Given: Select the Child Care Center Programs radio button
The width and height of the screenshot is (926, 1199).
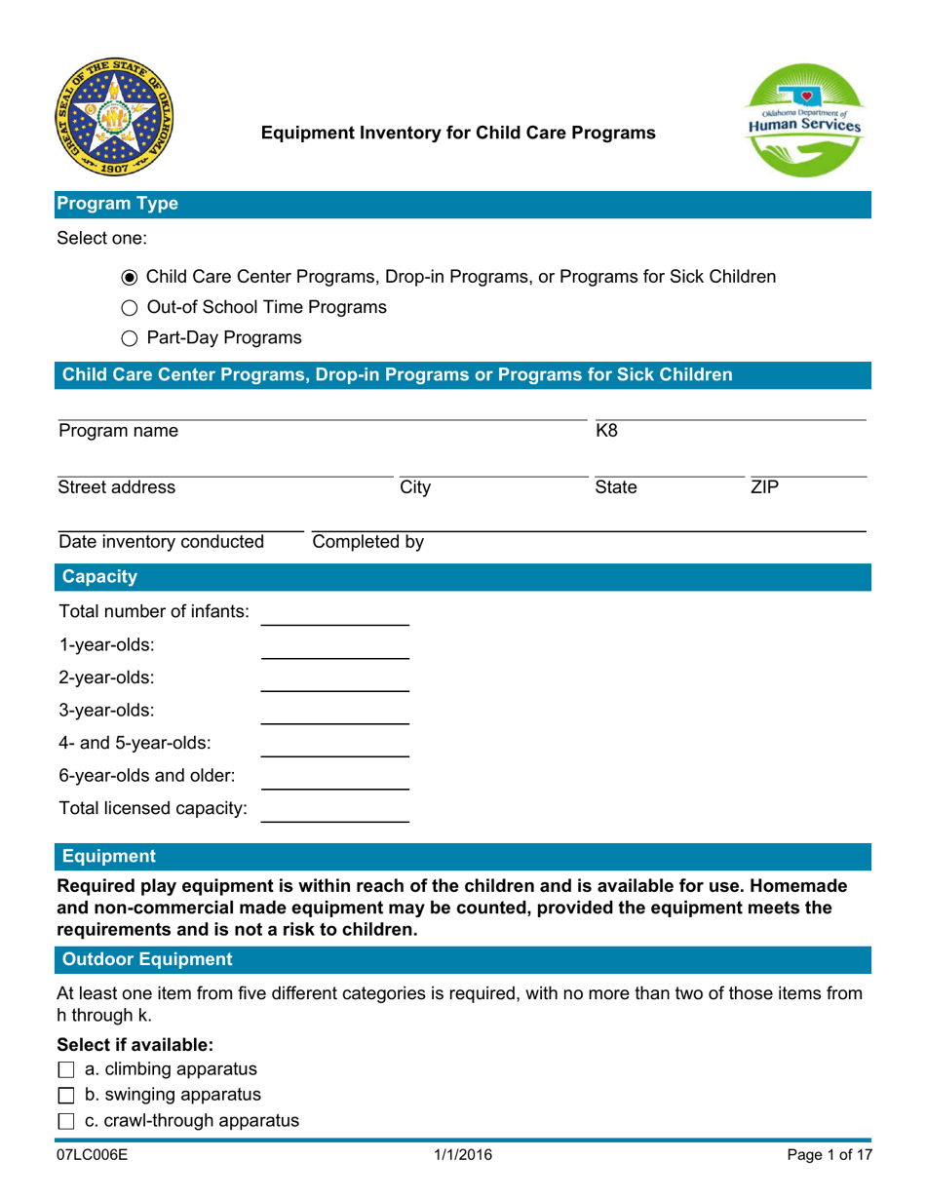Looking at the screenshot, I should (x=131, y=277).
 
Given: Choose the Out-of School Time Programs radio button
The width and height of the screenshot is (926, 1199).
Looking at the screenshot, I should (x=131, y=308).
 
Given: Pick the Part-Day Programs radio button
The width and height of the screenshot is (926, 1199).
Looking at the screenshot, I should (x=131, y=338).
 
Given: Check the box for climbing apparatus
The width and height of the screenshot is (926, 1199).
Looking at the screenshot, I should (x=66, y=1070).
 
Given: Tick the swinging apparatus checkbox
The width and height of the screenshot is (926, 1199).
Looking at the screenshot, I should (x=66, y=1096).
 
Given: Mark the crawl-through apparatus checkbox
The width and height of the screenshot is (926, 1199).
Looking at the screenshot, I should (x=66, y=1121).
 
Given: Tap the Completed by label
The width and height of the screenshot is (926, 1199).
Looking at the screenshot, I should (x=367, y=541).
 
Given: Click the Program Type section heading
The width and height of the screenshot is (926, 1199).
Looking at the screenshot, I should (x=117, y=205).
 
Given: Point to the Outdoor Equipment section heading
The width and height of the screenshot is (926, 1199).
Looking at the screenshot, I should (x=147, y=960).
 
